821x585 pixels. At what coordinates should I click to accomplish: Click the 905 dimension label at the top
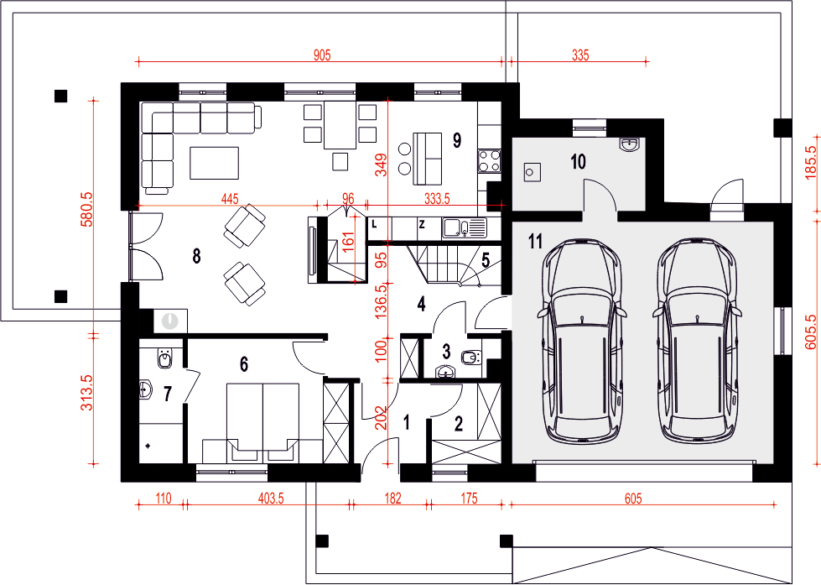322,55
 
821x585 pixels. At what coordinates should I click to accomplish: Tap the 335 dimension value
580,55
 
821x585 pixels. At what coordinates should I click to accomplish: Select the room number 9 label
457,140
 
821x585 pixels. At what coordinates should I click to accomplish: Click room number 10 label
578,161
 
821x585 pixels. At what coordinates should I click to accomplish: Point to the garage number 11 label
535,242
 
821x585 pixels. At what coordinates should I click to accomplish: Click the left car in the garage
581,340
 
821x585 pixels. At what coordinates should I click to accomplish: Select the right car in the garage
697,340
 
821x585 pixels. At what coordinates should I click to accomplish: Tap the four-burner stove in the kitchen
489,161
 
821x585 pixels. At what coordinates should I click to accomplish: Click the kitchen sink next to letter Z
465,228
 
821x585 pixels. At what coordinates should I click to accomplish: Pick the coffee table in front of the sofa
214,163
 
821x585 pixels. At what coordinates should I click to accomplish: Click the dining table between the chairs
340,125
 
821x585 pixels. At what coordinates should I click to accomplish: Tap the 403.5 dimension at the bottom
271,499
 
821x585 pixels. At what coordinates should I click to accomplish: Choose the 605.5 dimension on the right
811,332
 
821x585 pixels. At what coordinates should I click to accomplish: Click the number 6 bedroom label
244,364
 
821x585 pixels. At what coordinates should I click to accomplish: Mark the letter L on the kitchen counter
374,225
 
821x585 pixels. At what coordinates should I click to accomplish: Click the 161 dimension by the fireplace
348,239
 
